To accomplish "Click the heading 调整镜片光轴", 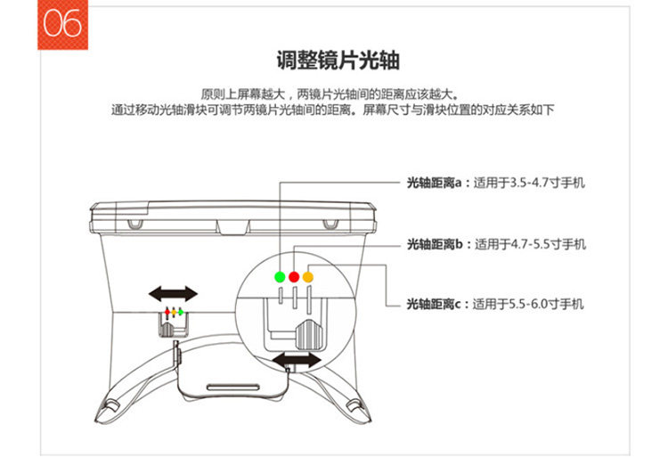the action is [337, 61].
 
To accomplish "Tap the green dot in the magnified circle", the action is [280, 276].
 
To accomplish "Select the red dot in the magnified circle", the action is [294, 276].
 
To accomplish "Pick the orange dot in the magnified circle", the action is [308, 276].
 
